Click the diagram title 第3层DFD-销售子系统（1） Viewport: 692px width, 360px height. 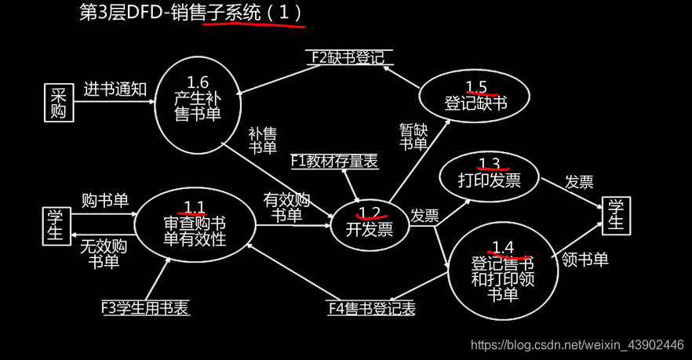point(191,13)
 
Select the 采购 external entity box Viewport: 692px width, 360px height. point(57,103)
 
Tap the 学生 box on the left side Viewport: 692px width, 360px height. point(55,225)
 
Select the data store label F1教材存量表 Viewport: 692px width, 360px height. point(334,162)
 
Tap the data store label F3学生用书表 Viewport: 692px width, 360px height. point(145,307)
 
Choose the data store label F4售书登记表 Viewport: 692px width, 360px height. point(371,307)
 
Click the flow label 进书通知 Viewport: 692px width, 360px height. point(115,89)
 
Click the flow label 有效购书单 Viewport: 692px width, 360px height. point(287,207)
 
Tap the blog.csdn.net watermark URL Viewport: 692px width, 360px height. point(576,345)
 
